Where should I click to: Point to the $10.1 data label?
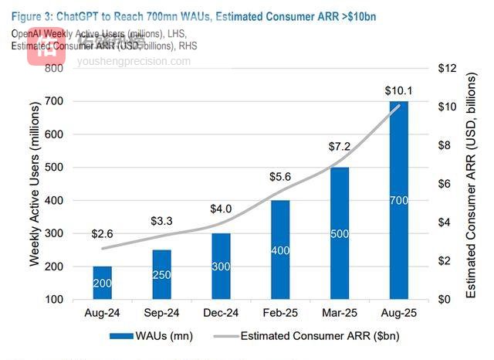[399, 91]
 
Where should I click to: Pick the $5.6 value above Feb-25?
[282, 176]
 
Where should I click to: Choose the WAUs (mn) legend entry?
[151, 336]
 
